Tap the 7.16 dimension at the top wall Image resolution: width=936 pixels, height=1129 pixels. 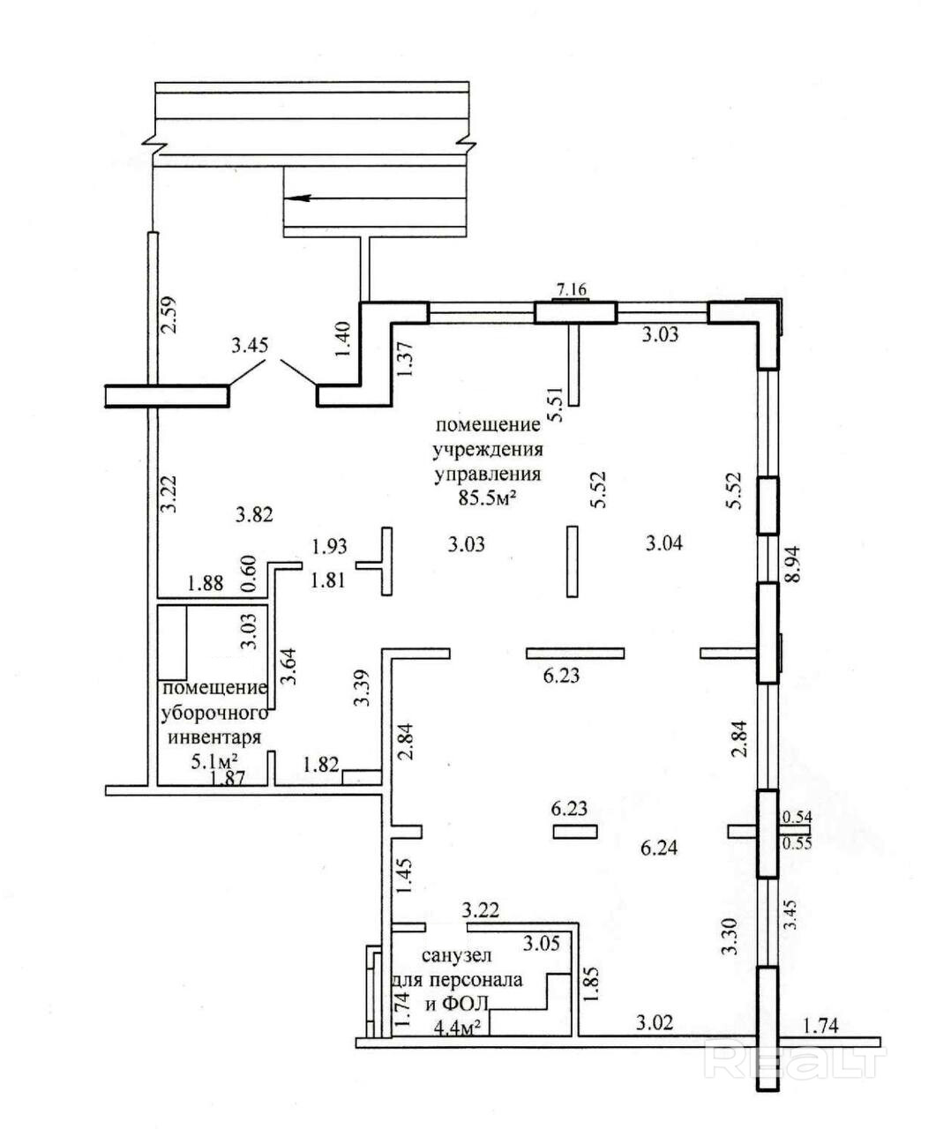tap(571, 288)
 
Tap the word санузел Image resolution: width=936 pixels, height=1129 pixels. tap(456, 956)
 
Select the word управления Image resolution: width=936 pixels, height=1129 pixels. tap(486, 475)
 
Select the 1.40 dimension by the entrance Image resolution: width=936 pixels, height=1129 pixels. tap(343, 337)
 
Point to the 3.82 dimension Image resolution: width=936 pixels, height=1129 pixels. tap(254, 514)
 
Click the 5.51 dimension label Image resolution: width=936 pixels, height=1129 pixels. tap(555, 406)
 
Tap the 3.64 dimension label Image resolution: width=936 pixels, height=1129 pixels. tap(288, 667)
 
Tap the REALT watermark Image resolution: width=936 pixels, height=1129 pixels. tap(795, 1059)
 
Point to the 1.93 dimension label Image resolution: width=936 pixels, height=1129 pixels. tap(329, 548)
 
